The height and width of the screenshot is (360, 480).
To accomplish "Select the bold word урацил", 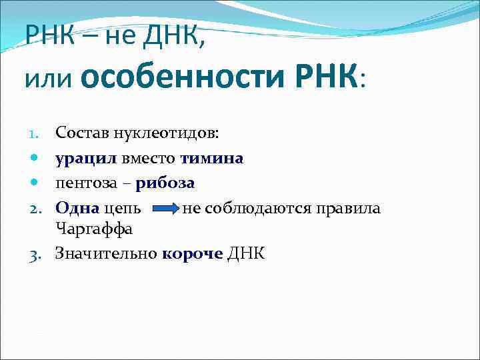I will pos(86,158).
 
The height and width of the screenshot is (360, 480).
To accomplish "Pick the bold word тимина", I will pos(211,158).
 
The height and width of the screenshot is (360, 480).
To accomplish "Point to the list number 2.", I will pos(39,209).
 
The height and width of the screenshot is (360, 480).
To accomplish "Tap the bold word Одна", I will pos(77,208).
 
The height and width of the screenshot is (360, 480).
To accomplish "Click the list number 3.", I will pos(39,253).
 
